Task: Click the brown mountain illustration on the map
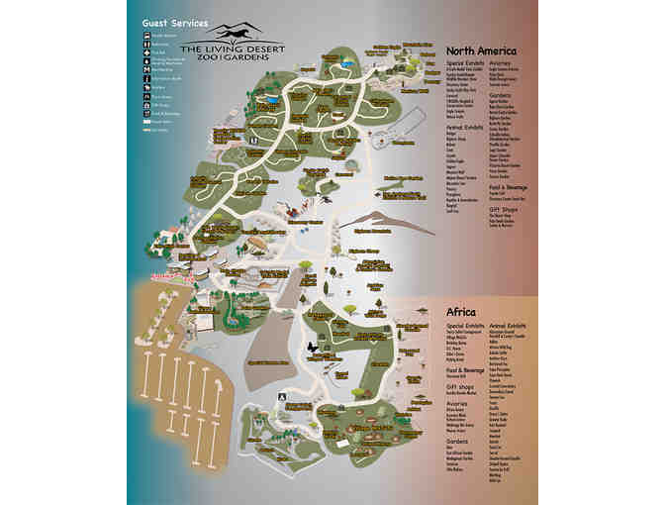tap(384, 220)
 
